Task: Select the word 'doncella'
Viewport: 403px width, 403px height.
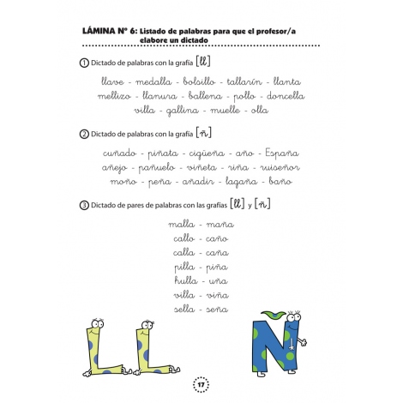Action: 292,95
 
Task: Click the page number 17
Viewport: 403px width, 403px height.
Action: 201,382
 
